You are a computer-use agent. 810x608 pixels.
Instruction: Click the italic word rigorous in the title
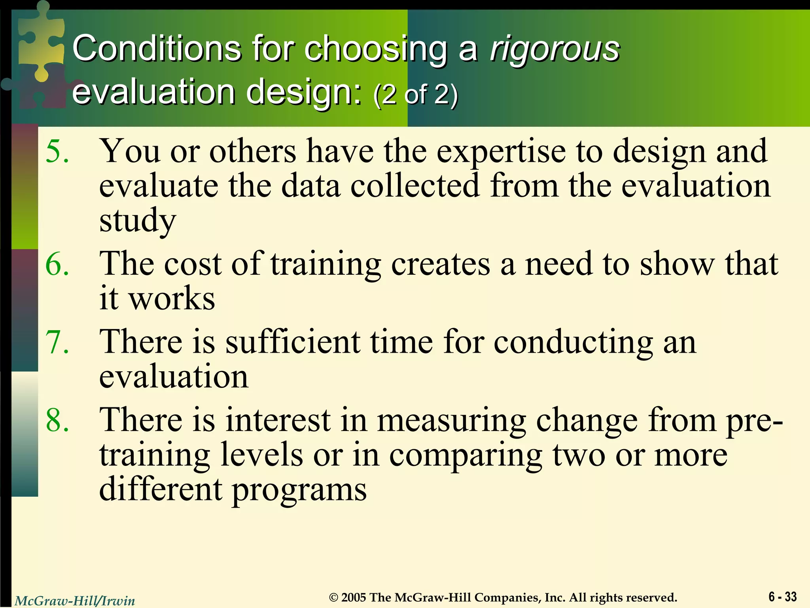555,49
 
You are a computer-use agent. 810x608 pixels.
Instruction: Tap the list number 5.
57,152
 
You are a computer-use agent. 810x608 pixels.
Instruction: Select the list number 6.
57,264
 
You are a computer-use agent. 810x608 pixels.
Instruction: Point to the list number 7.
57,342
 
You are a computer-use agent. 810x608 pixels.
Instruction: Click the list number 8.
57,420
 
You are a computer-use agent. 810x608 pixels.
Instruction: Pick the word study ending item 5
137,221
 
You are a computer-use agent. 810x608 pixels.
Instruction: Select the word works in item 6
172,298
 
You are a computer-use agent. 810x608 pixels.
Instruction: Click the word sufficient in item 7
293,342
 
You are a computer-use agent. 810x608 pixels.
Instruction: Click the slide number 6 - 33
782,597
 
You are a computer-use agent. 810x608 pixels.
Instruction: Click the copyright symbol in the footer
334,597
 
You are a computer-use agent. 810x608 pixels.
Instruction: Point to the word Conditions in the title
157,49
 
